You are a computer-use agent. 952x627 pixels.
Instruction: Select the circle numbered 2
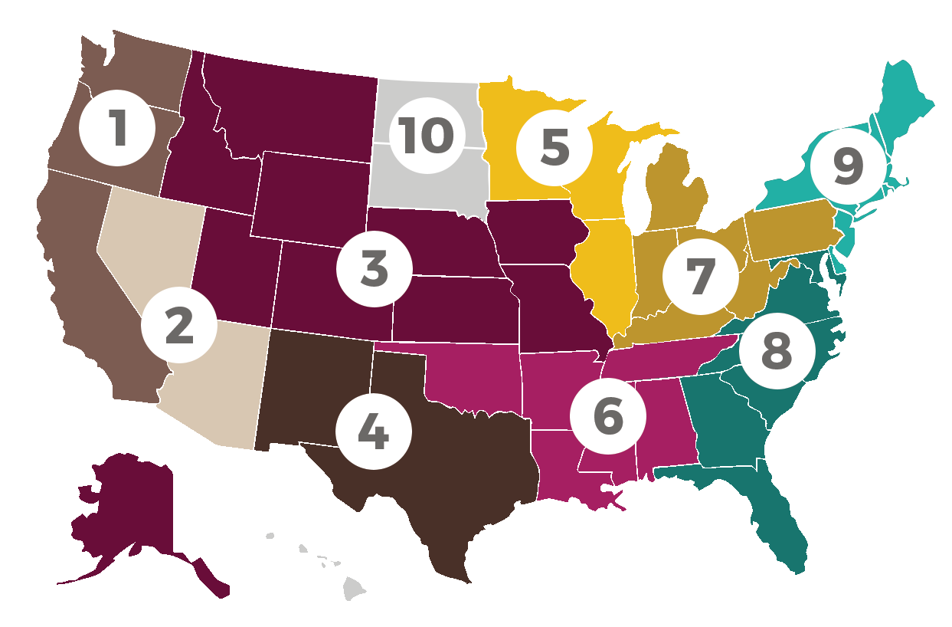pyautogui.click(x=179, y=326)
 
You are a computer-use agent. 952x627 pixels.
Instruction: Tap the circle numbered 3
pyautogui.click(x=375, y=269)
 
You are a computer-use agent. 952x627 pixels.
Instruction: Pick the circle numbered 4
pyautogui.click(x=374, y=431)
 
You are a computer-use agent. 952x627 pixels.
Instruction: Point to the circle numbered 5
pyautogui.click(x=555, y=146)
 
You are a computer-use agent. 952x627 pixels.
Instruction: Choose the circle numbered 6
pyautogui.click(x=608, y=415)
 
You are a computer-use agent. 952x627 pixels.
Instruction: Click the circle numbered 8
pyautogui.click(x=777, y=351)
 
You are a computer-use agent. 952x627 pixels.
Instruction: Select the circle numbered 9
pyautogui.click(x=848, y=166)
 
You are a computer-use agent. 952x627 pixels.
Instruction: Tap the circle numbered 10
pyautogui.click(x=426, y=135)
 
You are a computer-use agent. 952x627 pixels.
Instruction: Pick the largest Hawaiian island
pyautogui.click(x=354, y=589)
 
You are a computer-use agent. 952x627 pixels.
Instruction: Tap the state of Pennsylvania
pyautogui.click(x=789, y=230)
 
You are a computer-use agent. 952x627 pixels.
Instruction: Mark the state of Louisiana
pyautogui.click(x=563, y=475)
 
